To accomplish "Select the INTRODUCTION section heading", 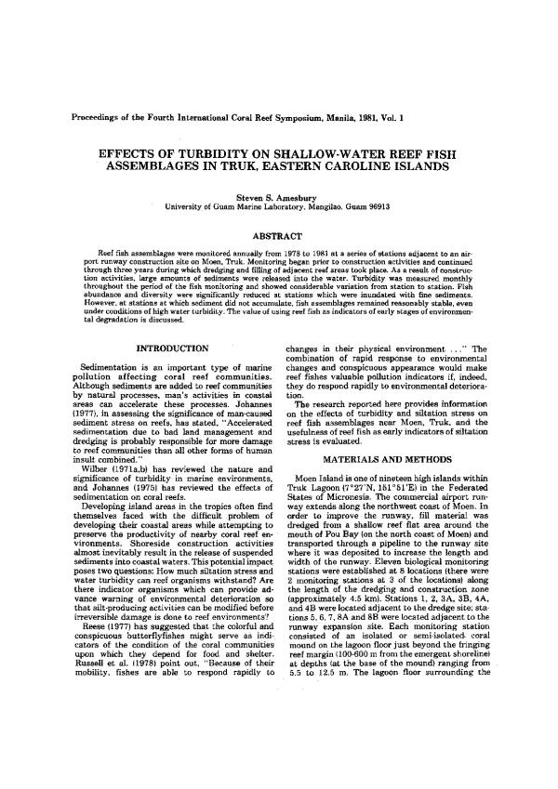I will (x=172, y=348).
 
